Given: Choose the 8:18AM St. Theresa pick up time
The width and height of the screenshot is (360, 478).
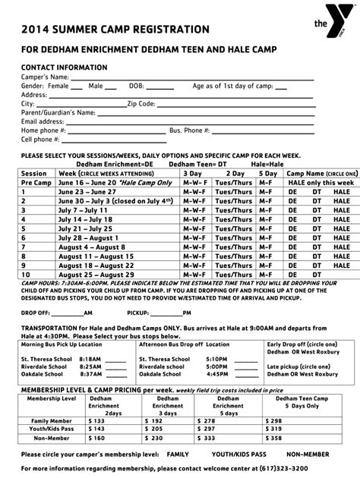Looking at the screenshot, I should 90,358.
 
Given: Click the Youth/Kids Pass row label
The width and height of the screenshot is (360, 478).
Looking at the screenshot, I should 52,429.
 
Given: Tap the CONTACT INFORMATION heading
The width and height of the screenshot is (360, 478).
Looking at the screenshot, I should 64,68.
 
